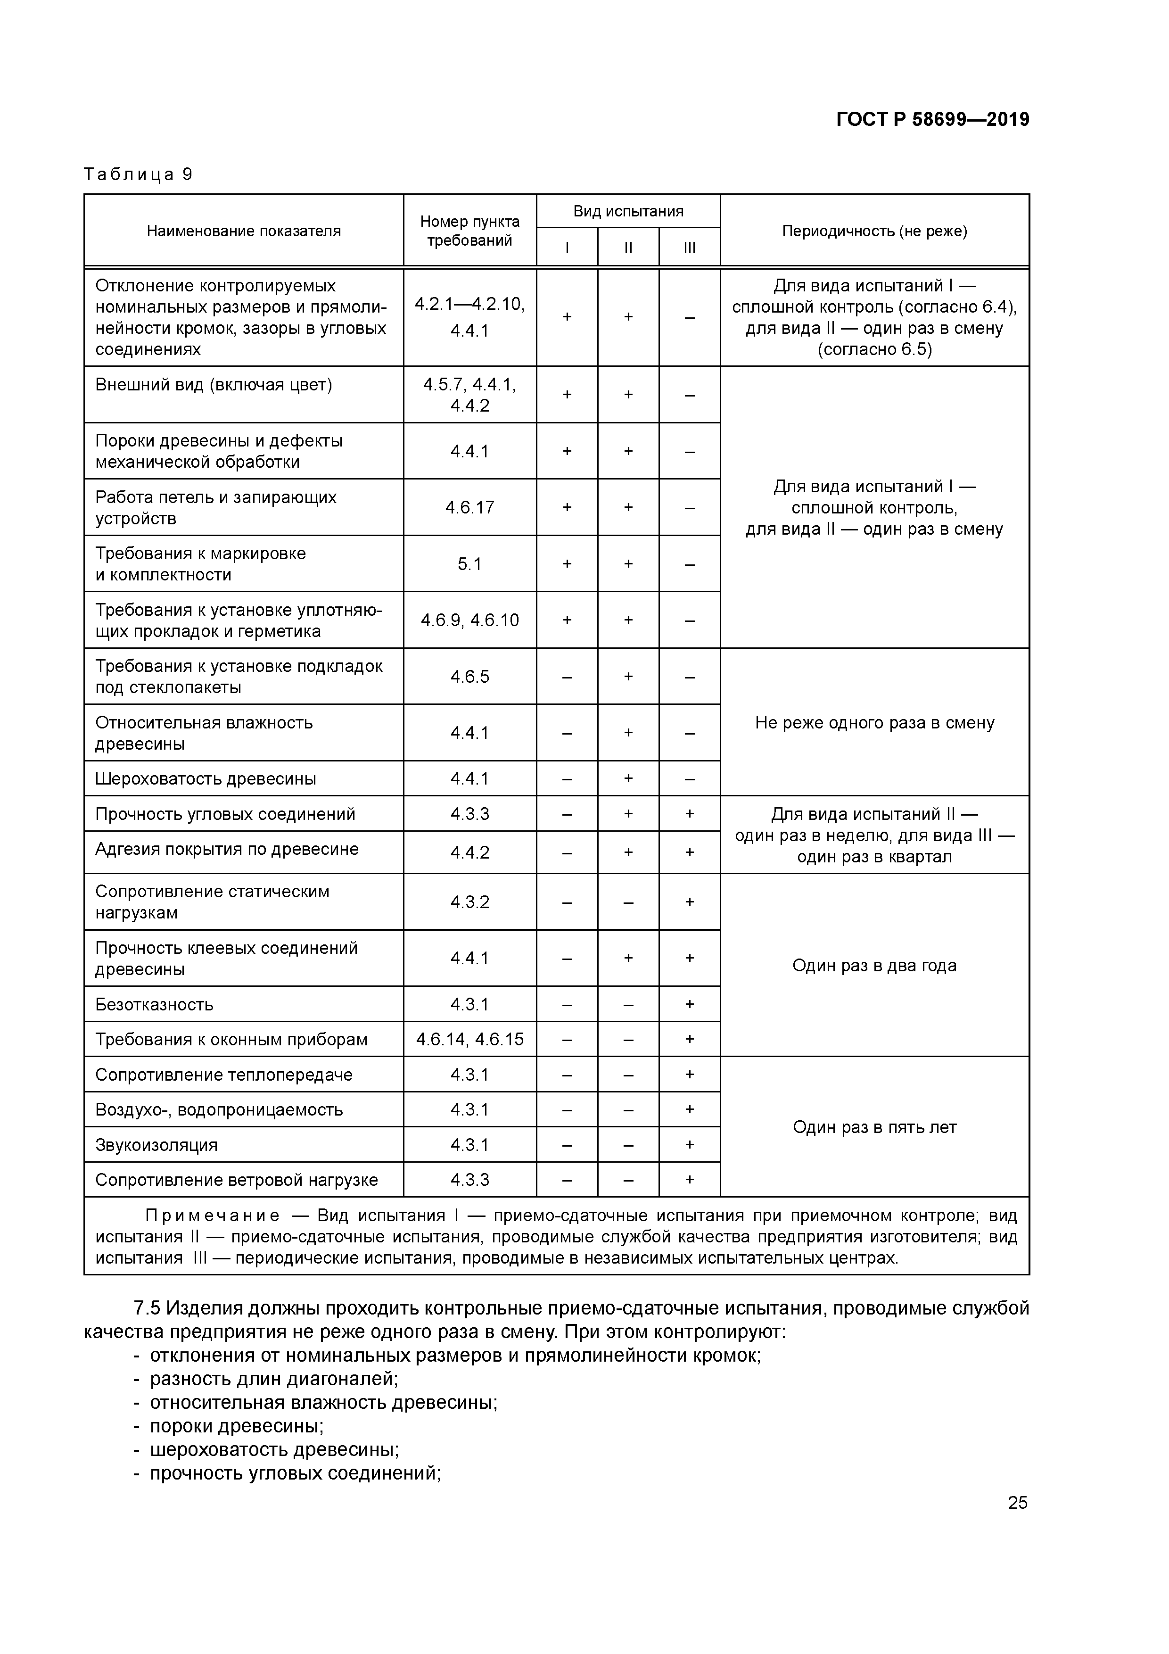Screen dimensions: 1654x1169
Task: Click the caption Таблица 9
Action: tap(138, 174)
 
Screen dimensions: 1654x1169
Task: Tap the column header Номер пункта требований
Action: tap(469, 231)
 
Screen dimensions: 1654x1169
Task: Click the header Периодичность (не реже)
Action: tap(874, 231)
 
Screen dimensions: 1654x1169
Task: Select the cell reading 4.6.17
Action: tap(469, 508)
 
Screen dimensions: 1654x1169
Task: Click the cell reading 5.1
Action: tap(469, 564)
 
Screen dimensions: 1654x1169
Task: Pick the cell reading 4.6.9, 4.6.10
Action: tap(469, 620)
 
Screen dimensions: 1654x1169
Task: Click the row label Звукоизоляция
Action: tap(156, 1145)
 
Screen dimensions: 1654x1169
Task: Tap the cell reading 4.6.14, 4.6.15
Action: tap(469, 1040)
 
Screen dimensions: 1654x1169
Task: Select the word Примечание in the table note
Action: tap(213, 1216)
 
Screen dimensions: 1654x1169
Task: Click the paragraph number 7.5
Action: tap(147, 1308)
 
